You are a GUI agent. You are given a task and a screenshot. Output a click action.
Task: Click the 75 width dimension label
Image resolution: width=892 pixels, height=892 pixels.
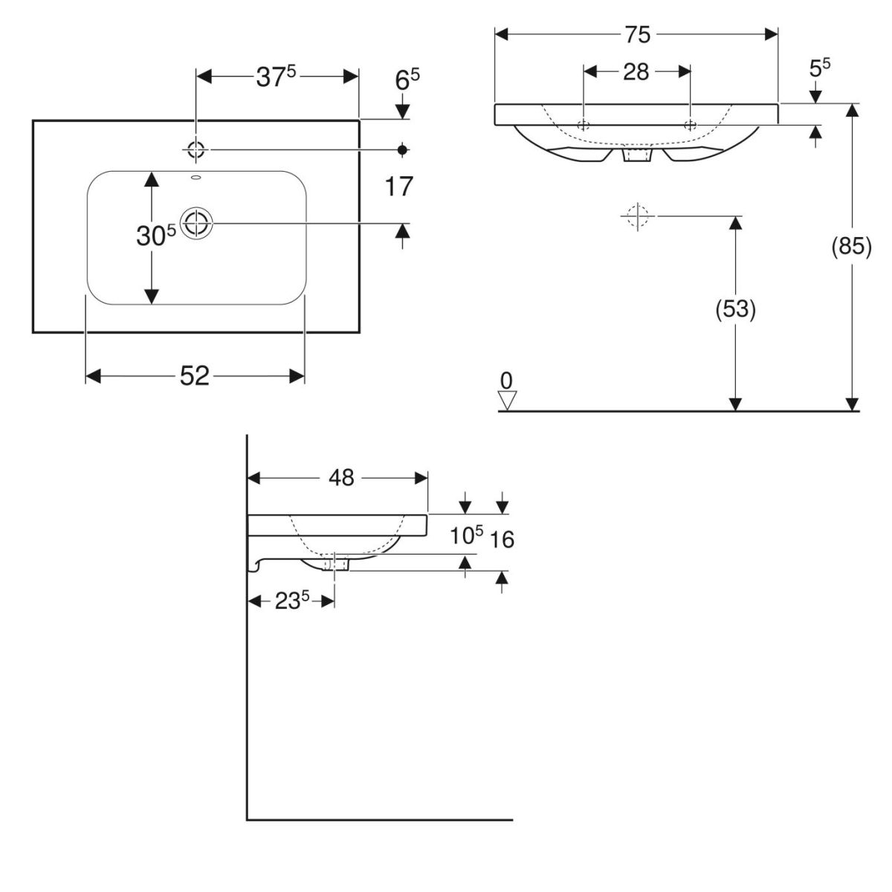tap(636, 34)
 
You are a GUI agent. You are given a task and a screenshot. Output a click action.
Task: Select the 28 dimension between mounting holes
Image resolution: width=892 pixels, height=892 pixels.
tap(636, 71)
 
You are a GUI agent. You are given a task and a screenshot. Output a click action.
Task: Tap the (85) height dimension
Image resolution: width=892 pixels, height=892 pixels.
tap(851, 246)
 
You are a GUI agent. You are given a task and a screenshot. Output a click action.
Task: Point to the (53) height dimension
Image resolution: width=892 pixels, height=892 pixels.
tap(735, 308)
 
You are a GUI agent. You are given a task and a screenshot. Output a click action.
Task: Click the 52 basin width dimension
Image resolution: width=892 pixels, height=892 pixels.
tap(195, 377)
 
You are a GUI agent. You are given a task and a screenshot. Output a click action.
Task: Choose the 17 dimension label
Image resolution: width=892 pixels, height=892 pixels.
tap(399, 187)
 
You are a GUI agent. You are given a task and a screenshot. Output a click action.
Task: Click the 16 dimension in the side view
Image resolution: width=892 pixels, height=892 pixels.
tap(503, 539)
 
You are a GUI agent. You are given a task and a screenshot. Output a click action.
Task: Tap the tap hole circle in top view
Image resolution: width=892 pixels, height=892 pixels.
tap(195, 149)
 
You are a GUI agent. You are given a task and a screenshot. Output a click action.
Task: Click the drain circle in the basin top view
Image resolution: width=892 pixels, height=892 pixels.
tap(197, 222)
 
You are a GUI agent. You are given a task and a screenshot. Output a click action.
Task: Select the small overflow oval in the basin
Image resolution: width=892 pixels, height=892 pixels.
tap(196, 178)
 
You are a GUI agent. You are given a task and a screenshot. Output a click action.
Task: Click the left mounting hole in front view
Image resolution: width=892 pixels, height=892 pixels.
tap(584, 124)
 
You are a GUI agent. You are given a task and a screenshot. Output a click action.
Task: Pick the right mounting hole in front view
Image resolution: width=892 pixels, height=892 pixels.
tap(691, 124)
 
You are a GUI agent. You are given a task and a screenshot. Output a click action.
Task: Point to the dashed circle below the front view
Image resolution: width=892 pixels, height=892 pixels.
tap(637, 216)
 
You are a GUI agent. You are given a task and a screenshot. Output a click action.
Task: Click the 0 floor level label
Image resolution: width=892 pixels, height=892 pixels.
tap(507, 381)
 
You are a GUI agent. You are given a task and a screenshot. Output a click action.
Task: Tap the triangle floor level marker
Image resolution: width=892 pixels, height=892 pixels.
tap(507, 401)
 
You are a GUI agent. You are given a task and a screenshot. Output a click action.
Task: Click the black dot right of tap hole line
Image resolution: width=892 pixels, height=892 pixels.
tap(403, 149)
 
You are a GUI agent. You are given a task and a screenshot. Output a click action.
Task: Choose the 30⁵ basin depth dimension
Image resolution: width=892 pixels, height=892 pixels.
tap(155, 236)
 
